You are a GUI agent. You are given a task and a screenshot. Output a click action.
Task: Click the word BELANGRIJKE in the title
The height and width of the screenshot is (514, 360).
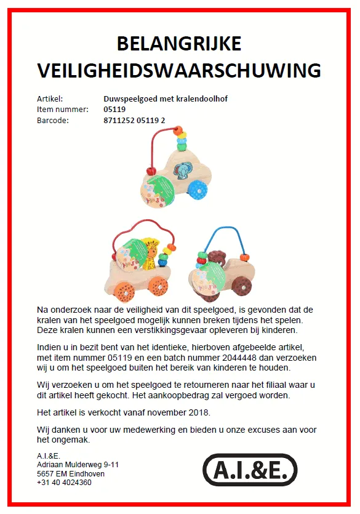179,44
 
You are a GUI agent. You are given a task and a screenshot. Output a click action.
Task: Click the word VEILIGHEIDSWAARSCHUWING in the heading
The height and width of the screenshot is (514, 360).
179,70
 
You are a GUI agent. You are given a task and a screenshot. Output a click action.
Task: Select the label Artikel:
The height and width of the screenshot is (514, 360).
50,98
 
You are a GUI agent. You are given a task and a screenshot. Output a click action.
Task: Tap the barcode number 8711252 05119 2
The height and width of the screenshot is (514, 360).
134,120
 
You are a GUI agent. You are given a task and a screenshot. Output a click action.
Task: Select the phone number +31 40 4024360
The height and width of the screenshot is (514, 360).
65,483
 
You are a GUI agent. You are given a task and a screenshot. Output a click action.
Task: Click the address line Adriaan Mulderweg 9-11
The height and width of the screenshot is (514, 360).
78,465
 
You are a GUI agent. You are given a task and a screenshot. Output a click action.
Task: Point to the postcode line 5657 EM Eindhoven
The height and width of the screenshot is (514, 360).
71,474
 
